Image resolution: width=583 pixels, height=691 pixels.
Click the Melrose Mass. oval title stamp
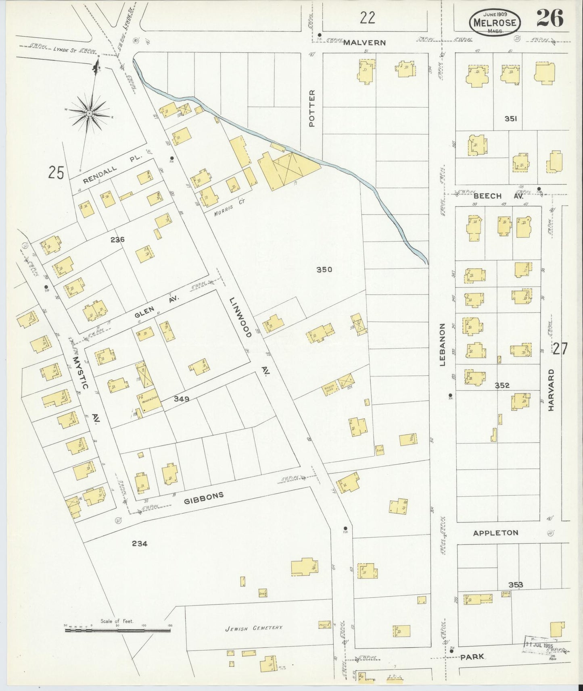(x=495, y=22)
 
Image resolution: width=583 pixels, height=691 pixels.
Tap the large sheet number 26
(x=550, y=18)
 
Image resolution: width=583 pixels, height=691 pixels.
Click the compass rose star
(x=89, y=114)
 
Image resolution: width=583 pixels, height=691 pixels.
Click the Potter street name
(x=312, y=108)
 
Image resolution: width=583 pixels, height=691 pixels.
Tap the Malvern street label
(x=364, y=42)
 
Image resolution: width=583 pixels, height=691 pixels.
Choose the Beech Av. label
(x=498, y=196)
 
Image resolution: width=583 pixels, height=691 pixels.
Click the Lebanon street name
(x=442, y=344)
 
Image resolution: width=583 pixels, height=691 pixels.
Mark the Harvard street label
(x=551, y=390)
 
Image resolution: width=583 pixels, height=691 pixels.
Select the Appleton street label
(x=495, y=533)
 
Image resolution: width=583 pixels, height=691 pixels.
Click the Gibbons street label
(x=204, y=498)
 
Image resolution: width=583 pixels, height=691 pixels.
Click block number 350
(x=324, y=269)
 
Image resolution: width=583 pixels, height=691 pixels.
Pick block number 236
(x=117, y=239)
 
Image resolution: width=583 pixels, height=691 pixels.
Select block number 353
(x=516, y=585)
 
